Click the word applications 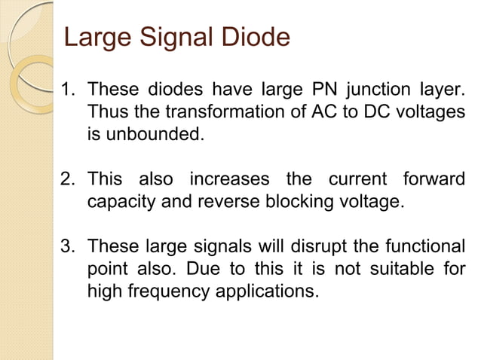(265, 290)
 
